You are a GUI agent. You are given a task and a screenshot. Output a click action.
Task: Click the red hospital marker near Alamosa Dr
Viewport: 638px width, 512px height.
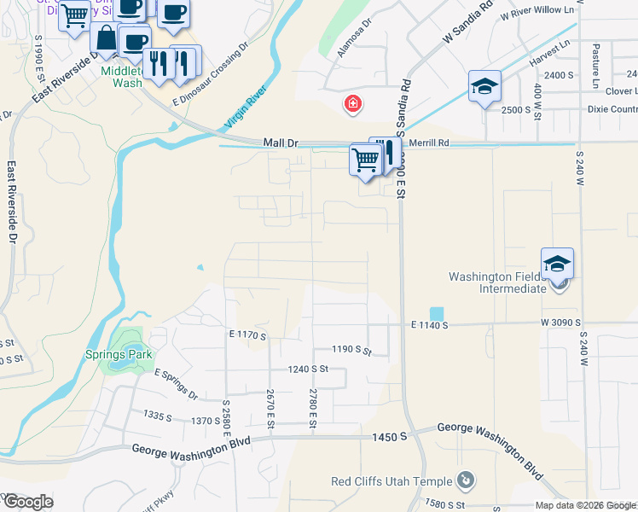point(351,105)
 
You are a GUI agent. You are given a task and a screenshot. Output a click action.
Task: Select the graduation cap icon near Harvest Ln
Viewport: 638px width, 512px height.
point(484,86)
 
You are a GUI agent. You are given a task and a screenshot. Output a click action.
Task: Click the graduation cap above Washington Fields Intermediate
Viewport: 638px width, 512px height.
point(557,263)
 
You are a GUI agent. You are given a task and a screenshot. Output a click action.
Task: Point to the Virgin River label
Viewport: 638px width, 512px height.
point(246,108)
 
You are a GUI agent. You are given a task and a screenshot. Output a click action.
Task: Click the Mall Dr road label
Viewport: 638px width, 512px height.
point(281,143)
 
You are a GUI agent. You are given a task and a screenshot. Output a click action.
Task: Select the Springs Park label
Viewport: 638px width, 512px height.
point(117,354)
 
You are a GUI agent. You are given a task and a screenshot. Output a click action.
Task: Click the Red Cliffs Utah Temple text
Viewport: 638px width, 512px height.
point(391,481)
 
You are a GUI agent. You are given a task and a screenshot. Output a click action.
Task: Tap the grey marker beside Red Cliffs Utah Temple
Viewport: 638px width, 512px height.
point(465,480)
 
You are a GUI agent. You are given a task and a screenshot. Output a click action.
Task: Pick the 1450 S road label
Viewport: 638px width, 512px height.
point(390,436)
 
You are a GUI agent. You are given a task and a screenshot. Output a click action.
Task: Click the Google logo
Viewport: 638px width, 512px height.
point(27,502)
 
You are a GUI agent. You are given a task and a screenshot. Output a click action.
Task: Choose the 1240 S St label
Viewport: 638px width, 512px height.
point(308,369)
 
